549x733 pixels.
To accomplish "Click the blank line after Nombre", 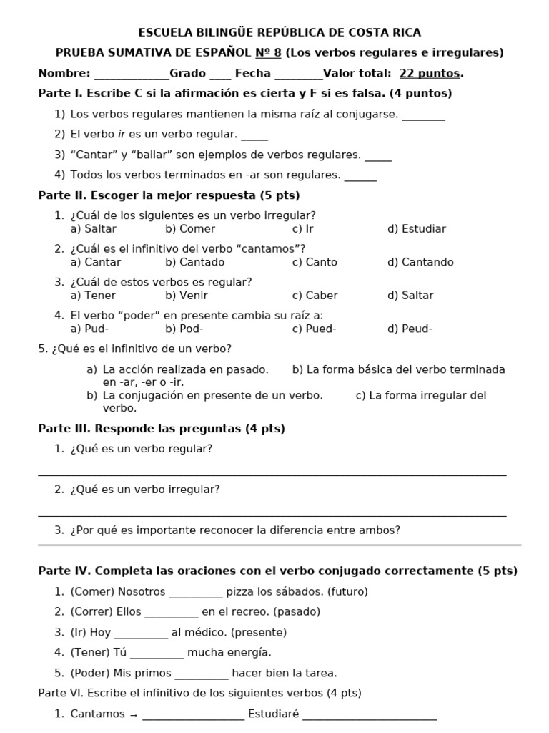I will [x=132, y=74].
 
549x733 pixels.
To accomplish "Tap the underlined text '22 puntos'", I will [x=430, y=73].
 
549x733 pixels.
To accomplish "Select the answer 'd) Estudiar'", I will [x=416, y=229].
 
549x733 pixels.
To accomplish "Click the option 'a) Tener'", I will [x=93, y=296].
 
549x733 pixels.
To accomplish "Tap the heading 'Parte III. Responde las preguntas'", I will [x=161, y=429].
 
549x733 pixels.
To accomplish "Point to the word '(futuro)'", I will [x=347, y=592].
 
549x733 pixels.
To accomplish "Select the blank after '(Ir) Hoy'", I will [x=141, y=634].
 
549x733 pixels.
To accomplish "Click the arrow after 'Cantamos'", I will [x=133, y=714].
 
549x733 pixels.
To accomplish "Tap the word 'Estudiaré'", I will [x=273, y=714].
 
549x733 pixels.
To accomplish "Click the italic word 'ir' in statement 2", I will [x=122, y=134].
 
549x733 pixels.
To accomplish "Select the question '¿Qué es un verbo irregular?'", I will [x=145, y=490].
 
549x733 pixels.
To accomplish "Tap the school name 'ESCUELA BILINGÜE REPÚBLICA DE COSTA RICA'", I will [x=280, y=32].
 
